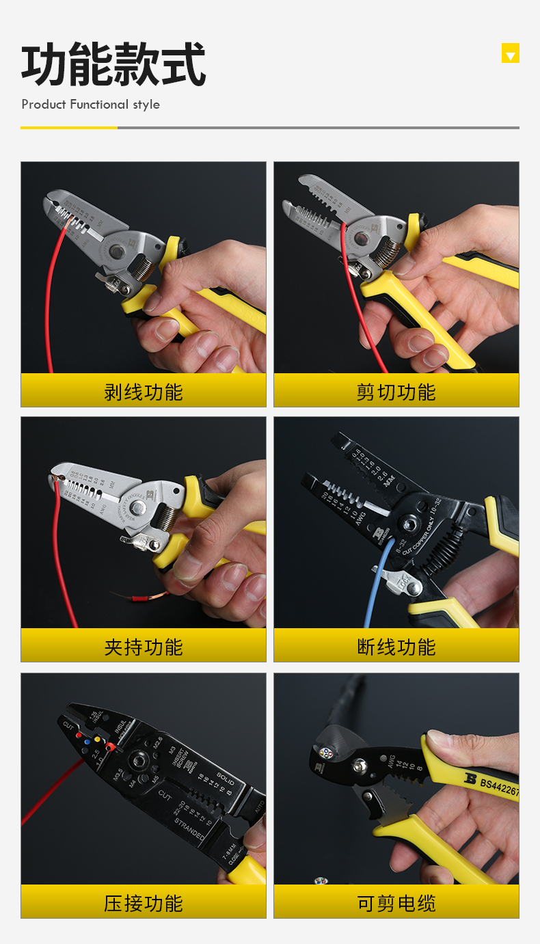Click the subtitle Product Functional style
pos(90,105)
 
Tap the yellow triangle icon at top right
pos(510,53)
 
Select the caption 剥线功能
pos(144,392)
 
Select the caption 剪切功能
pos(396,392)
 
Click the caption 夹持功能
pos(144,647)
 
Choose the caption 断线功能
pos(396,647)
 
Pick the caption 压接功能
pos(144,903)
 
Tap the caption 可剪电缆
pos(396,903)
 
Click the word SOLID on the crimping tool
pos(226,777)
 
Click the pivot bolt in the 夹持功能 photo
pos(137,507)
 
